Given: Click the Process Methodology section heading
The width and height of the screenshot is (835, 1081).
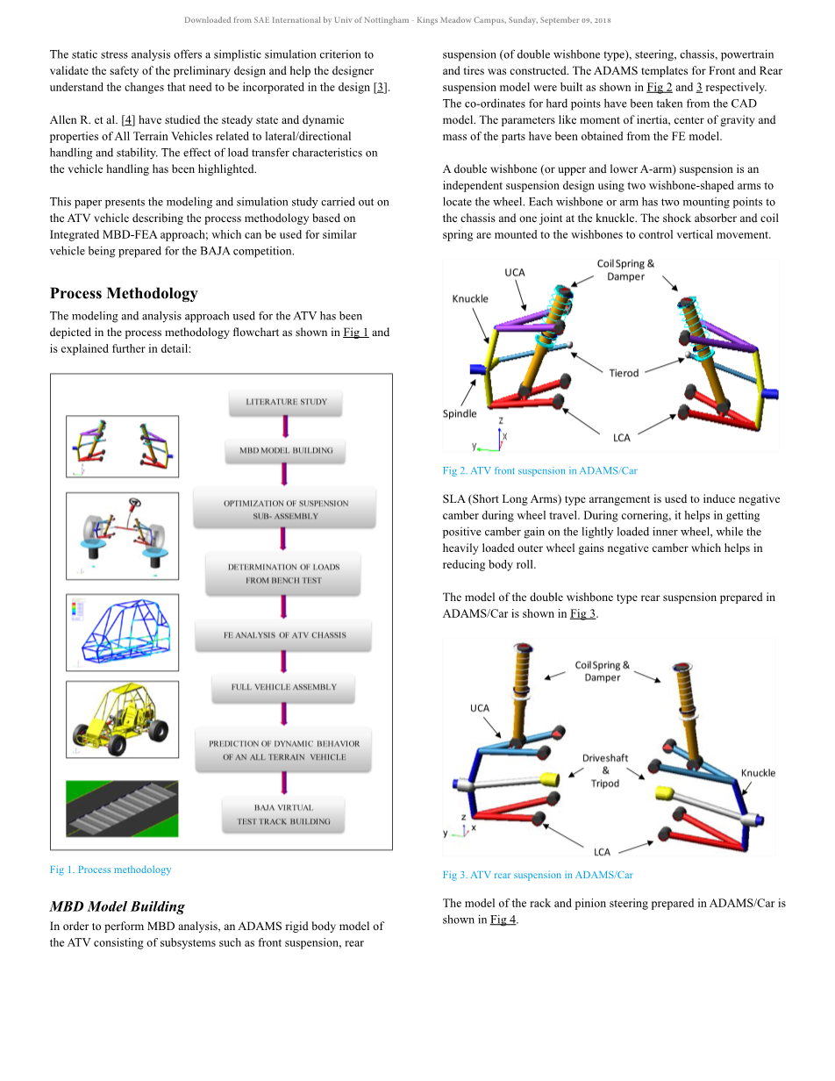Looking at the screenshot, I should point(124,293).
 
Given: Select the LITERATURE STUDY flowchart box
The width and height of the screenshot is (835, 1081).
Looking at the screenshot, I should point(286,402).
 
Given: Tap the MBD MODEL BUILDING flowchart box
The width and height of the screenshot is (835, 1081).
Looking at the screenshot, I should point(286,450).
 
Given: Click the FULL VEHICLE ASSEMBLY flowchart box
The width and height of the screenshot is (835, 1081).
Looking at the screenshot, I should point(283,687).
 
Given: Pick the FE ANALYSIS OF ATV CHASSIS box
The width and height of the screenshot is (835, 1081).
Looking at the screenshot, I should point(284,634).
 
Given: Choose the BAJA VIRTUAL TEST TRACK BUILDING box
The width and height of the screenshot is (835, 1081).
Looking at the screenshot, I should point(283,814).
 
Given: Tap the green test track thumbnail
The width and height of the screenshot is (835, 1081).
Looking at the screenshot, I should point(122,808).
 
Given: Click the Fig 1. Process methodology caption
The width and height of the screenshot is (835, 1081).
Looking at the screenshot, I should point(111,870).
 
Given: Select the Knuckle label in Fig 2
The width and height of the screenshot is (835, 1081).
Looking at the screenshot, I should point(470,298).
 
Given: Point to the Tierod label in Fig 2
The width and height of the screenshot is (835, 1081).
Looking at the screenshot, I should point(624,373).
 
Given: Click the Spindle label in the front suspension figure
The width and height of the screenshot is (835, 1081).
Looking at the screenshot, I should point(460,413).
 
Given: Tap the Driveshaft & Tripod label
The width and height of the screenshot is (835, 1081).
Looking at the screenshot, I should point(605,770).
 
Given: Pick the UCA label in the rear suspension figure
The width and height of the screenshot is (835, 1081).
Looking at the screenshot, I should point(480,708).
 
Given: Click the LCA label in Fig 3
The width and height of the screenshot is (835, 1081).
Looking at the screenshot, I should point(602,851).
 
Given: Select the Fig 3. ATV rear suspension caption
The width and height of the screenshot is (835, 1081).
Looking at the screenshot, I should point(538,875).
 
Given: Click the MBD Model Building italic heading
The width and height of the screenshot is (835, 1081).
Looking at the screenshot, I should point(118,906).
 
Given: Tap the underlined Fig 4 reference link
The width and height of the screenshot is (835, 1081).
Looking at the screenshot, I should point(503,920).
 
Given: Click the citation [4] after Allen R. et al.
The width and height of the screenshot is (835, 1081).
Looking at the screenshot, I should point(128,120).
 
